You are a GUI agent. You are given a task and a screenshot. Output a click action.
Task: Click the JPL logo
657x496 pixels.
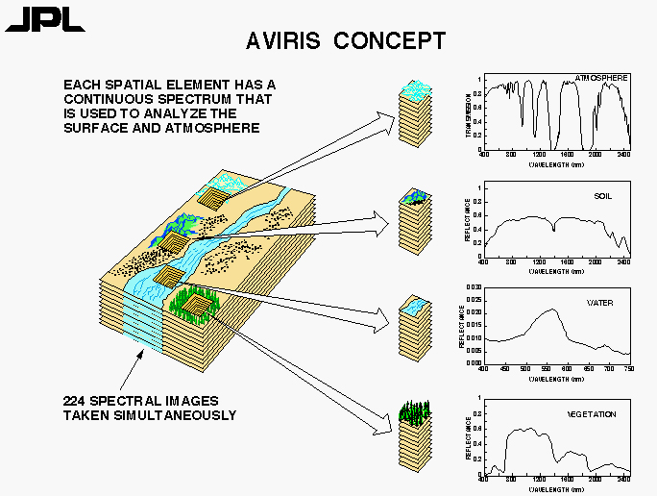point(32,19)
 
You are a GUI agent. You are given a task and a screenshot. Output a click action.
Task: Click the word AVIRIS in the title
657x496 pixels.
point(287,40)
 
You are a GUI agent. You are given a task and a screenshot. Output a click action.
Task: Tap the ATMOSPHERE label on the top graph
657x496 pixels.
point(601,76)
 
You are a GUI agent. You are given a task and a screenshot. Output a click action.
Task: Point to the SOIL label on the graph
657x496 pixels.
point(603,196)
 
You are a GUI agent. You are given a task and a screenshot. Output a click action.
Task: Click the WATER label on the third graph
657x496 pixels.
point(600,303)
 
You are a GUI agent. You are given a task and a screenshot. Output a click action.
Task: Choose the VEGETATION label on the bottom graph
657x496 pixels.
point(591,415)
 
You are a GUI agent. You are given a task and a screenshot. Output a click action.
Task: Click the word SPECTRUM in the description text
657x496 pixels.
point(198,99)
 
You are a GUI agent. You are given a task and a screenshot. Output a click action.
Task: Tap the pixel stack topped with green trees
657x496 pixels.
point(413,437)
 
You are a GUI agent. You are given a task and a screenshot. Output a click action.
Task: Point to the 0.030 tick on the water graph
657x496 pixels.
point(473,287)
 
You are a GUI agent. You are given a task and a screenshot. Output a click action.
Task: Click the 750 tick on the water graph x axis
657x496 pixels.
point(629,368)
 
